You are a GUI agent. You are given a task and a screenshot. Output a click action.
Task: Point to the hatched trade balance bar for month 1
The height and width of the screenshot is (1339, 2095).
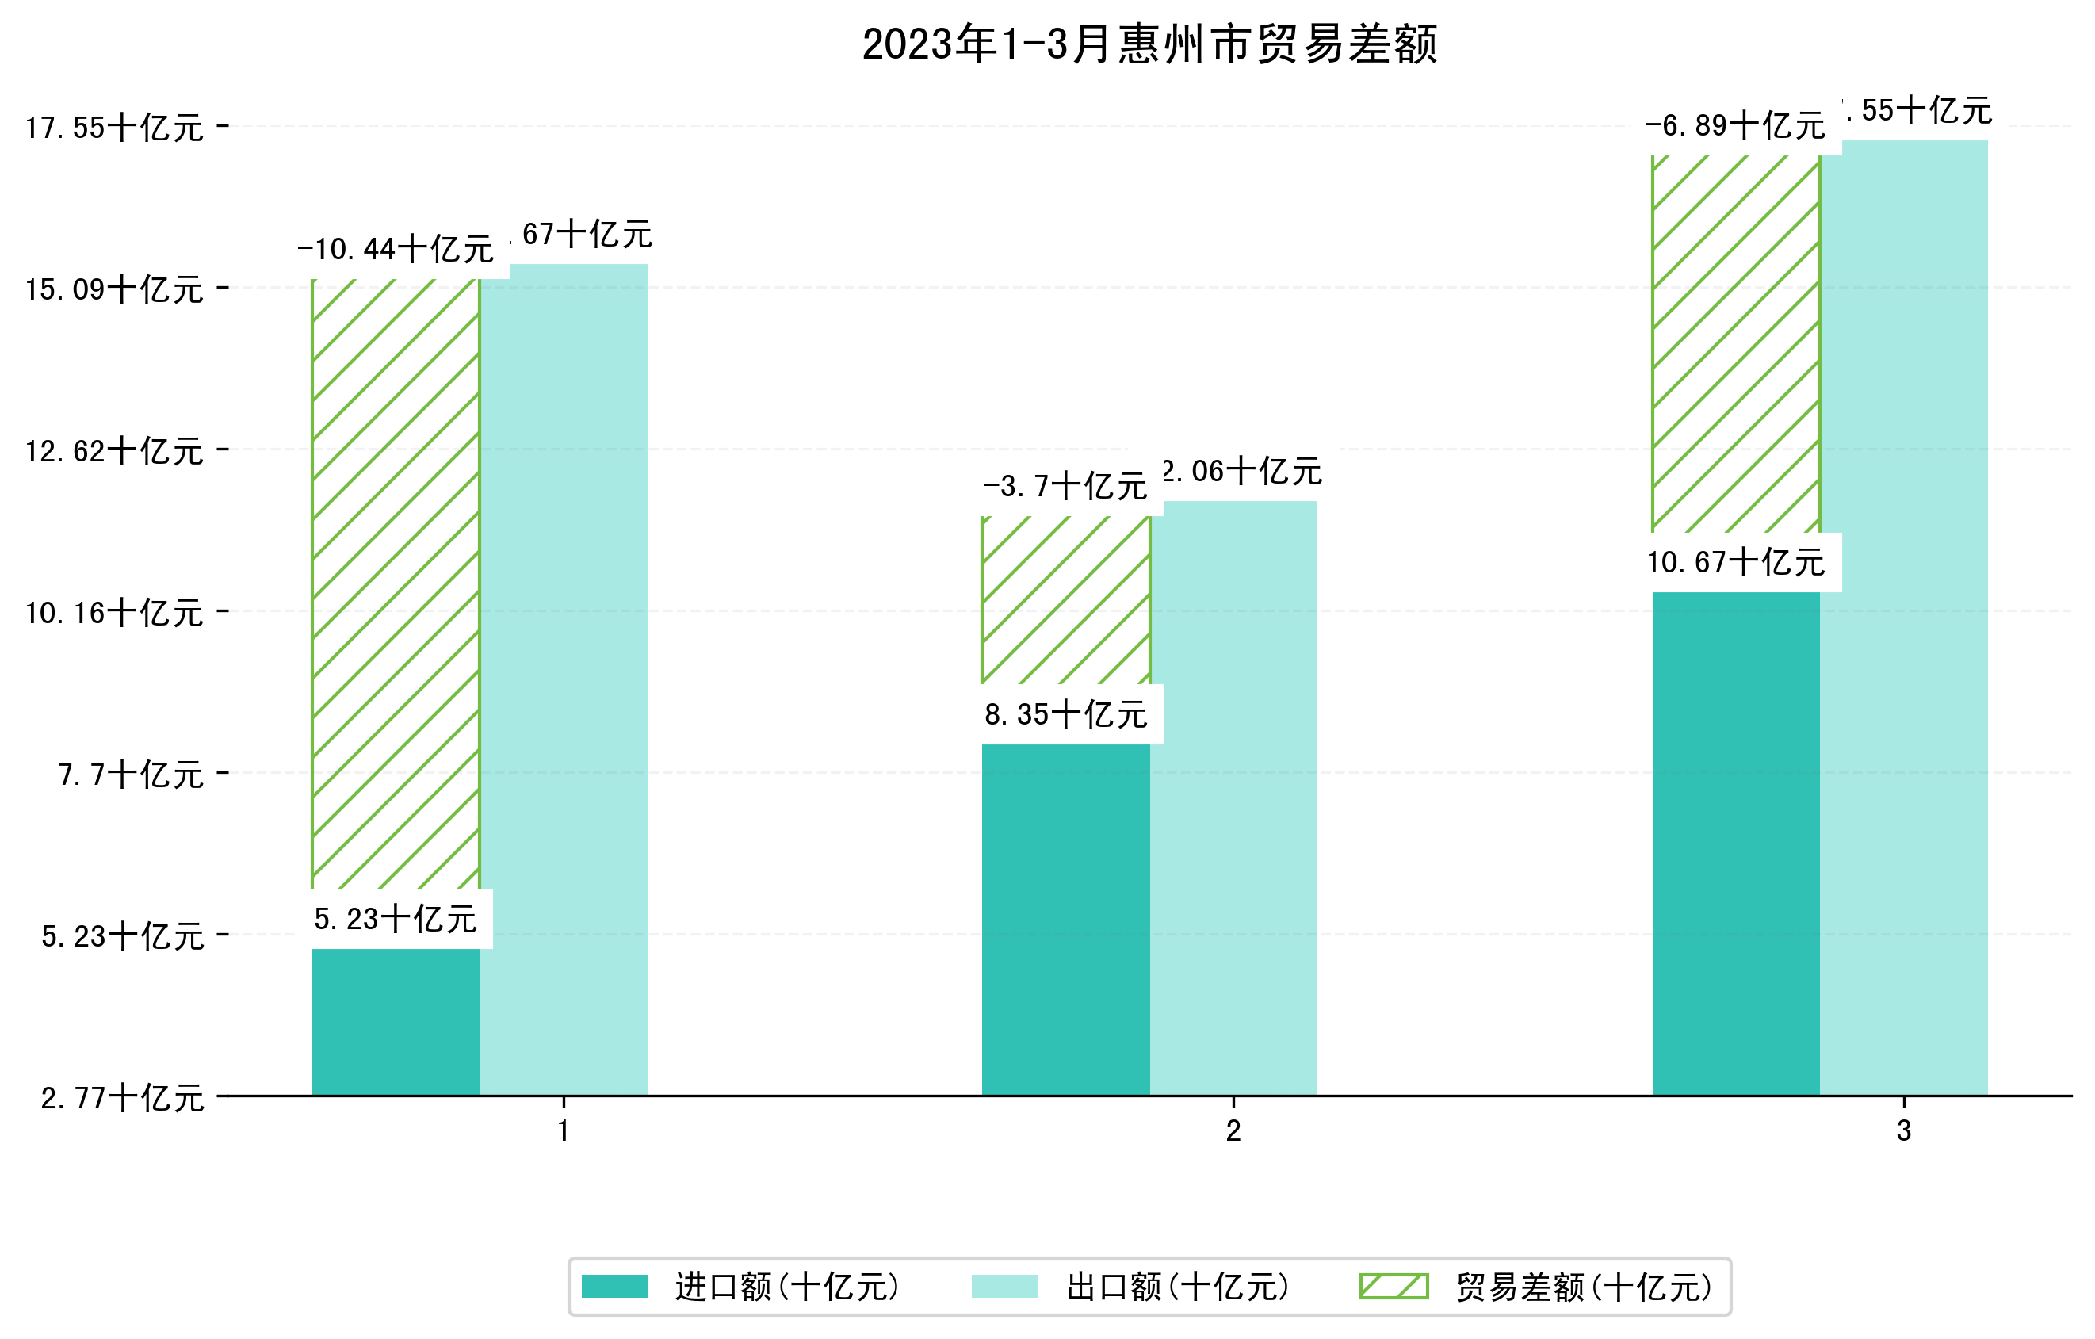pos(395,583)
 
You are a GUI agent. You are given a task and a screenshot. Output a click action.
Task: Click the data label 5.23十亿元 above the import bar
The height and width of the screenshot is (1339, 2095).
pos(395,919)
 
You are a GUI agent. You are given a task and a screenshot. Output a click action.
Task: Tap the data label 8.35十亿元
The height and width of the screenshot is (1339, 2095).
pos(1066,714)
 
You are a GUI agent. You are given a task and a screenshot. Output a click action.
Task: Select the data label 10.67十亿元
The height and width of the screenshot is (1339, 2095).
pos(1736,562)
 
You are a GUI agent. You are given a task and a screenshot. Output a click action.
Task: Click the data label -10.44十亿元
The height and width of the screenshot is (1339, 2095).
pos(395,250)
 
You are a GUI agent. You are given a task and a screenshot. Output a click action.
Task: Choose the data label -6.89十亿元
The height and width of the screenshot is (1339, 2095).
pos(1735,126)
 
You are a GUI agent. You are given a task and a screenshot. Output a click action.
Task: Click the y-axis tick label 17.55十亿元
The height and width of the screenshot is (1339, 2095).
pos(114,128)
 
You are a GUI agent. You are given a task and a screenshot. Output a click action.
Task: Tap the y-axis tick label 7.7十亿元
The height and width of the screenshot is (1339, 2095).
pos(131,775)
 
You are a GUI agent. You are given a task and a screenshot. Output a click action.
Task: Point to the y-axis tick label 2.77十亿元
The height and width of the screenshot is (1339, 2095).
pos(122,1098)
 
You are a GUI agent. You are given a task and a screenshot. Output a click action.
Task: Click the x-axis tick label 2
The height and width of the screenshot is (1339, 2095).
pos(1233,1131)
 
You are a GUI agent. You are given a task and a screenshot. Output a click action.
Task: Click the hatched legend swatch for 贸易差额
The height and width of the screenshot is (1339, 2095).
pos(1393,1286)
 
